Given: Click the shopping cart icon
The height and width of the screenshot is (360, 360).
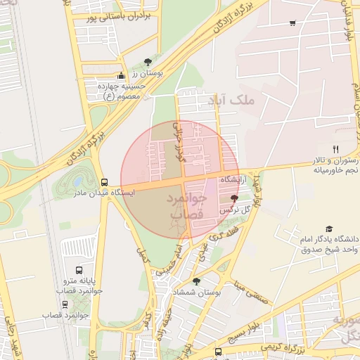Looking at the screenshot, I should tap(292, 24).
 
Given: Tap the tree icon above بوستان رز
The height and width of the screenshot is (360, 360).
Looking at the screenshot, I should tap(147, 62).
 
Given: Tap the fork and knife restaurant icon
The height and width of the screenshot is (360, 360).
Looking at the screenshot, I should tap(335, 149).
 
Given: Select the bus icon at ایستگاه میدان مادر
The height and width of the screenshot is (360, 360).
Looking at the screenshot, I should tap(104, 181).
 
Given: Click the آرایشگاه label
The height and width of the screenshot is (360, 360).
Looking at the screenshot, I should tap(235, 181).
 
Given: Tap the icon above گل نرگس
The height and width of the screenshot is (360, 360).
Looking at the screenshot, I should tap(233, 199).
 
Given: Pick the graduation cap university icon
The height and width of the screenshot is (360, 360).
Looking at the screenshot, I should tap(329, 229).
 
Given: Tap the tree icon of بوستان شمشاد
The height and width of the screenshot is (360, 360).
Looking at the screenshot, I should tap(195, 281).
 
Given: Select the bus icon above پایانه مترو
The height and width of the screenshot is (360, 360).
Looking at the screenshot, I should tap(82, 269).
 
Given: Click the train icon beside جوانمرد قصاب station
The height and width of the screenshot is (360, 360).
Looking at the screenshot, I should tap(65, 304).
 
